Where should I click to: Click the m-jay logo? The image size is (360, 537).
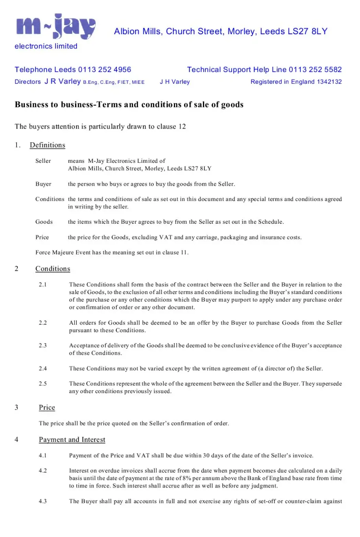pos(56,27)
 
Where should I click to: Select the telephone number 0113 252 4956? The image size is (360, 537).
pos(105,70)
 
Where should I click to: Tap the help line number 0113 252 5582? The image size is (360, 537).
pos(315,70)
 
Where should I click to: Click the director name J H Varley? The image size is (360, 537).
pos(175,82)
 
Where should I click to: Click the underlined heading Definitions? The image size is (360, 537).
pos(48,145)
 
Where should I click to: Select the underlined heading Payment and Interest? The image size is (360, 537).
pos(72,440)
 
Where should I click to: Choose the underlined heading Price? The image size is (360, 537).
pos(47,408)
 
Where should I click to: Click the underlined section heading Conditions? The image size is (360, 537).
pos(53,269)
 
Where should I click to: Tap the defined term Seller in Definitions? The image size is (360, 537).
pos(43,161)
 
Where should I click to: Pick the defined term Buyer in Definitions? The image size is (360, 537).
pos(43,184)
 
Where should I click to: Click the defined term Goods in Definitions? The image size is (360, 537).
pos(44,222)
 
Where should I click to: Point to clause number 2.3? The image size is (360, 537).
pos(42,346)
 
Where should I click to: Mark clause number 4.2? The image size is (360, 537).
pos(42,471)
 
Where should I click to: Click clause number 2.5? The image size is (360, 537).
pos(42,384)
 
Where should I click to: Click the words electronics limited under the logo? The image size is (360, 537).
pos(46,46)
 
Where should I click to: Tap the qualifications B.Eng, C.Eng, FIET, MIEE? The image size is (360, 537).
pos(114,82)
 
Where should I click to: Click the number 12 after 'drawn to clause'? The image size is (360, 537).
pos(182,127)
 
